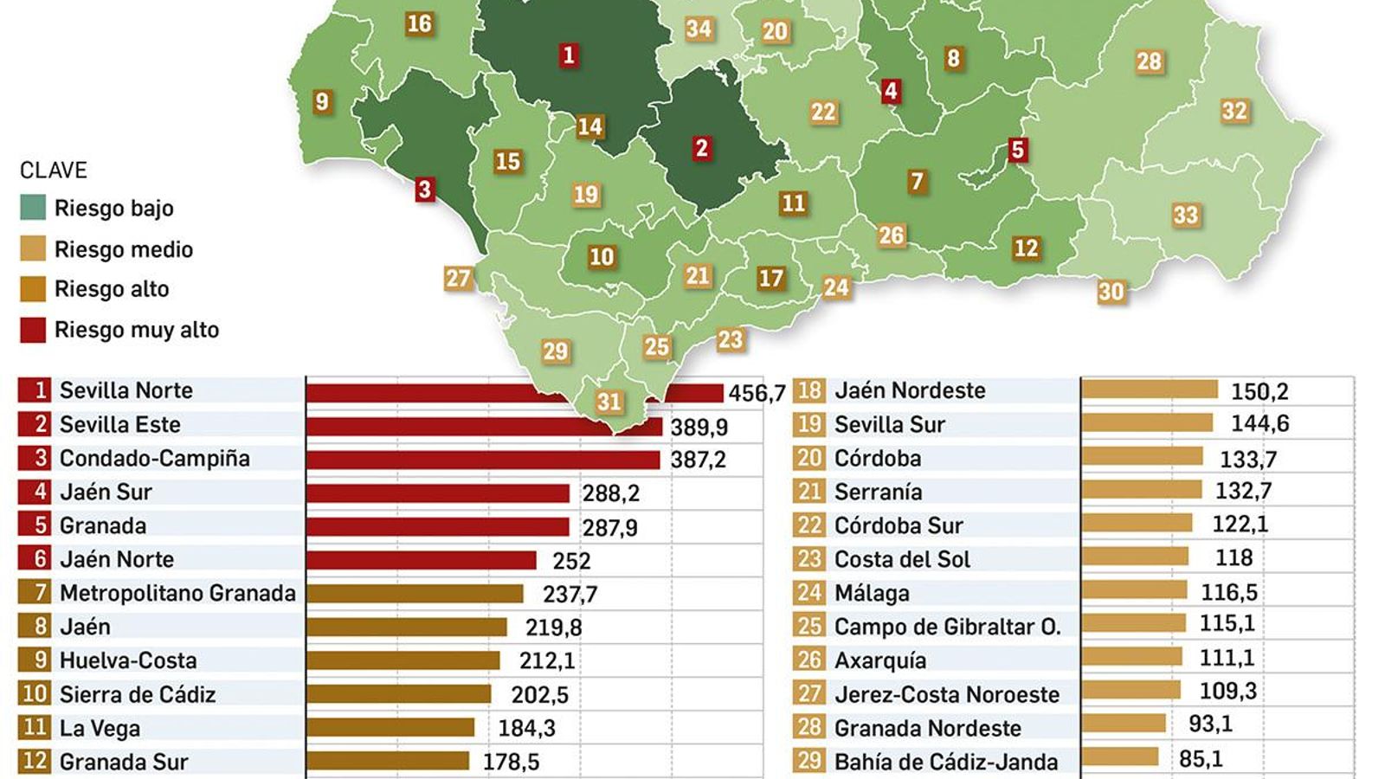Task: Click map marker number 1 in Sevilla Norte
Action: click(568, 55)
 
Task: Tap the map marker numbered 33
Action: click(1185, 215)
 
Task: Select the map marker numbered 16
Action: click(419, 23)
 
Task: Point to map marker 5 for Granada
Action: click(1017, 150)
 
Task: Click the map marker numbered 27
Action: click(458, 278)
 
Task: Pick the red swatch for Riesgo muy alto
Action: click(33, 330)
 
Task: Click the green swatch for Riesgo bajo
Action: click(33, 208)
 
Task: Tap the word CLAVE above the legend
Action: click(54, 170)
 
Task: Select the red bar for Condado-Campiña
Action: click(483, 459)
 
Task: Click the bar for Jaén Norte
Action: click(422, 560)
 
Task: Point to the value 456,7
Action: click(756, 393)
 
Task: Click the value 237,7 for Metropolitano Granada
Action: click(570, 594)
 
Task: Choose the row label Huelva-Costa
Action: click(128, 660)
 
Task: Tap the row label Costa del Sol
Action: click(902, 559)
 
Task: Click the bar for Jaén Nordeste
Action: click(1150, 389)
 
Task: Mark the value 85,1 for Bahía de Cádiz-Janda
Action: click(1201, 759)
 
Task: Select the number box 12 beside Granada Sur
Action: click(35, 762)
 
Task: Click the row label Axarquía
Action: click(879, 660)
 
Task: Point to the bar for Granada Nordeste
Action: click(1124, 724)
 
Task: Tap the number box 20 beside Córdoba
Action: click(809, 458)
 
